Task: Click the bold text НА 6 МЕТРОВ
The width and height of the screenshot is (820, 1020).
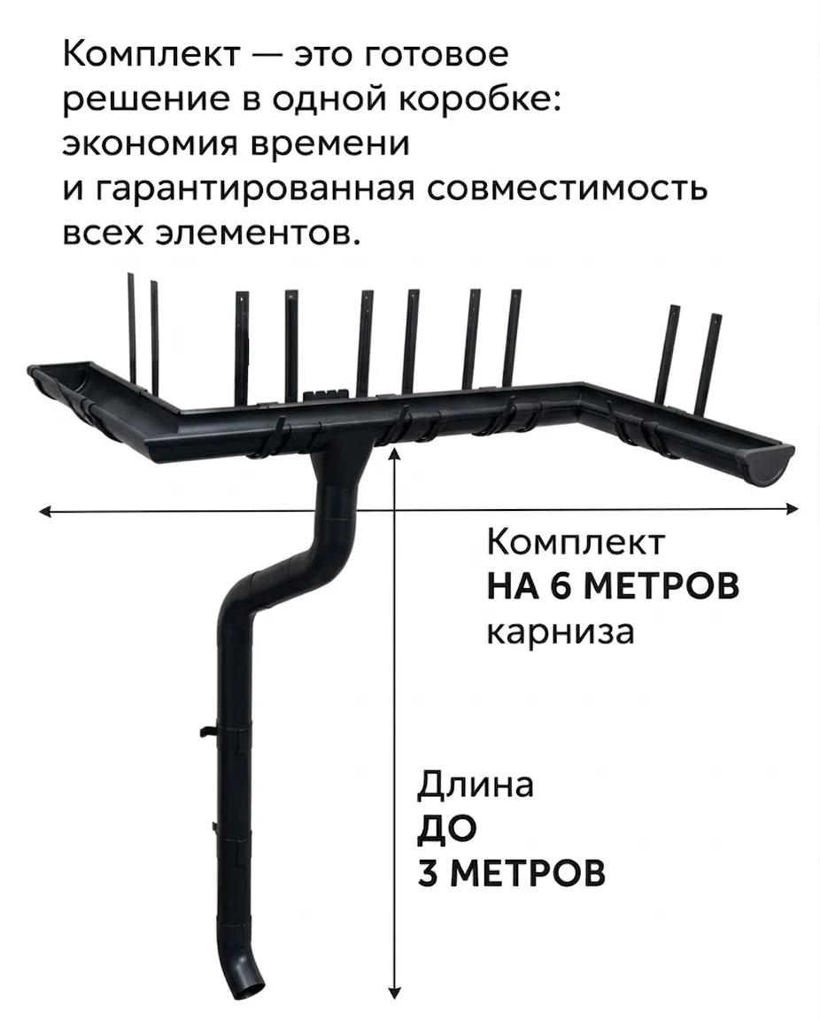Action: (x=613, y=586)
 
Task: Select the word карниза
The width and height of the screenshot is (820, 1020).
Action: (x=561, y=632)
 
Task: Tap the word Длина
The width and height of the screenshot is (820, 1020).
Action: (x=475, y=784)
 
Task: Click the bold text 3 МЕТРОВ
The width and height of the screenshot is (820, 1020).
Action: (x=511, y=873)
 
